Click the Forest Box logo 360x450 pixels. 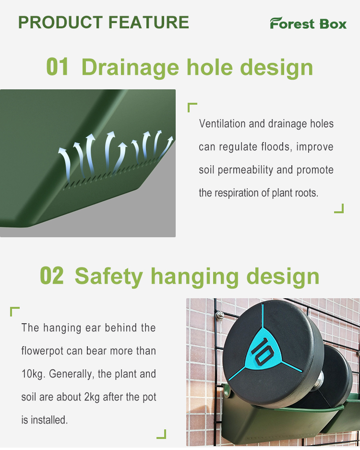coord(308,23)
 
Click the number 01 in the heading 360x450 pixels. coord(58,67)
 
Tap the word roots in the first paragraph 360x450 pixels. coord(306,193)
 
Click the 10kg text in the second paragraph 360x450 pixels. coord(33,374)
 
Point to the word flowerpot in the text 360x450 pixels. coord(43,351)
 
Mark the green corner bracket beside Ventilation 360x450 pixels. coord(192,107)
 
